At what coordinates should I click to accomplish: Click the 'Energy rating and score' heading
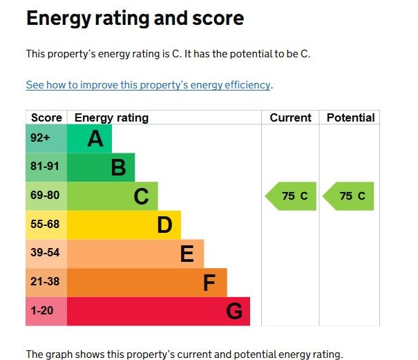tap(135, 19)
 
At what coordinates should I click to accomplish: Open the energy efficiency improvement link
tap(148, 85)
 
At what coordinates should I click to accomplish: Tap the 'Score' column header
tap(46, 117)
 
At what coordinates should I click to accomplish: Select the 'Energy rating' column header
tap(111, 117)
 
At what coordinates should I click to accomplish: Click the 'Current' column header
tap(290, 117)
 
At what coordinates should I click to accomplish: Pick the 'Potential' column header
tap(350, 117)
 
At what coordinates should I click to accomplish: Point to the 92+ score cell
tap(40, 138)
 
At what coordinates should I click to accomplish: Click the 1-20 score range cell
tap(41, 311)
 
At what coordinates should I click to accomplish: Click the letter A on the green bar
tap(95, 139)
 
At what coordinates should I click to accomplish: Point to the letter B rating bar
tap(118, 168)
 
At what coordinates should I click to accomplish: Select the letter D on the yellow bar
tap(164, 225)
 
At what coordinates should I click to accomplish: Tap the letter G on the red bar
tap(234, 312)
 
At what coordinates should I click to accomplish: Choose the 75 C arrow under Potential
tap(349, 196)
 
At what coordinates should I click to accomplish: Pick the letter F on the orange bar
tap(210, 283)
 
